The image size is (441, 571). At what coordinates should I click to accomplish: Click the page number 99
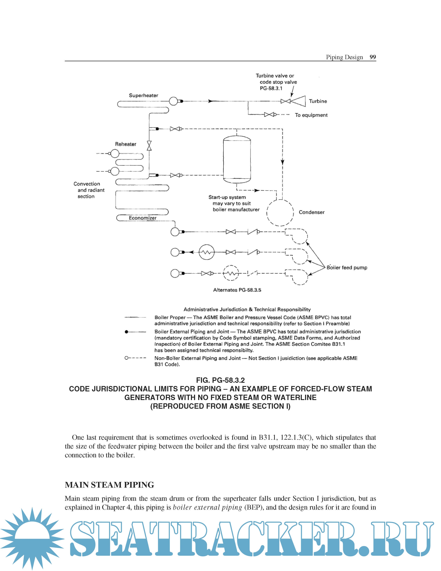(x=373, y=57)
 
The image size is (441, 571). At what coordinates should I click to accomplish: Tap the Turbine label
(x=318, y=101)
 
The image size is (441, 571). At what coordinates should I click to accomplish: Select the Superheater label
(x=143, y=96)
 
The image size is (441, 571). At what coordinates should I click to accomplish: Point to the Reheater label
(x=126, y=144)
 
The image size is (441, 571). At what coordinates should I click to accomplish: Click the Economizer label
(x=143, y=218)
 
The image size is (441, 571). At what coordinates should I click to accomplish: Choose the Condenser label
(x=312, y=212)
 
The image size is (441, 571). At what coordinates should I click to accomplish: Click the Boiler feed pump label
(x=347, y=268)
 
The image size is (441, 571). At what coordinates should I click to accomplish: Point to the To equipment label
(x=311, y=115)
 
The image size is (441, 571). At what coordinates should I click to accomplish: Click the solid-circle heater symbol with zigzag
(x=207, y=252)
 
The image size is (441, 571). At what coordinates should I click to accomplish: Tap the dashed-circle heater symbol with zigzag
(x=231, y=273)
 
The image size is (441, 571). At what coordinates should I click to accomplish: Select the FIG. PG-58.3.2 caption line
(x=220, y=380)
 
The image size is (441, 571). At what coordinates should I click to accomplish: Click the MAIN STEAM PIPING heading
(x=109, y=485)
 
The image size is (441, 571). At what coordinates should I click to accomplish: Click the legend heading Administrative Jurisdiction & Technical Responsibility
(x=247, y=310)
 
